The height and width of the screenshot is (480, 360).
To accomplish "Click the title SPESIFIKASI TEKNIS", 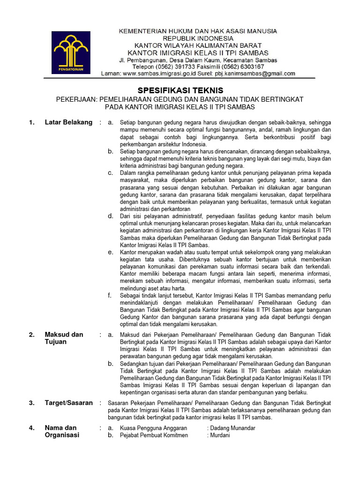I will [x=180, y=90].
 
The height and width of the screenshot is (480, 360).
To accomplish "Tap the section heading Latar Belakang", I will [x=68, y=122].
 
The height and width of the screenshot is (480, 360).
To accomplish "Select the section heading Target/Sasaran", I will [x=68, y=403].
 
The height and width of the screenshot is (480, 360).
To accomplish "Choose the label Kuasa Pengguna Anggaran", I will [x=154, y=428].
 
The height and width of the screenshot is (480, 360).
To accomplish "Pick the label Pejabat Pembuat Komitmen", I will [x=154, y=435].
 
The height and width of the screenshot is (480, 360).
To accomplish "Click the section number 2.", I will [x=31, y=335].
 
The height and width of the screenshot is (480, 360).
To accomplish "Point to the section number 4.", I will [x=31, y=428].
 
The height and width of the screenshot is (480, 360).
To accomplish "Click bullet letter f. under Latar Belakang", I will [x=110, y=295].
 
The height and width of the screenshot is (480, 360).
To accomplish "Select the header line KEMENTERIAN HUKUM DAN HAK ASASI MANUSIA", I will [x=197, y=31].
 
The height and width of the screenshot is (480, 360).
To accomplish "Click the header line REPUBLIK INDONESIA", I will [x=197, y=38].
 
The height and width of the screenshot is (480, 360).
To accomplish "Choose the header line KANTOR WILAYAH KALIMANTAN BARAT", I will [x=197, y=45].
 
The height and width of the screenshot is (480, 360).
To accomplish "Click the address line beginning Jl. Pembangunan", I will [x=197, y=60].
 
